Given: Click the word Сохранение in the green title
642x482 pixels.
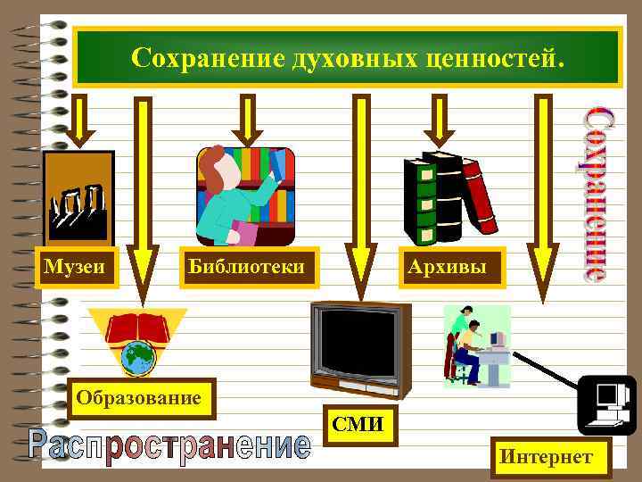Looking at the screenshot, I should (x=206, y=58).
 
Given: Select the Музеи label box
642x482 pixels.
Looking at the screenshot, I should (x=76, y=266).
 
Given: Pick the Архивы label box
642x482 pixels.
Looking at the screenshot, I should (x=450, y=266).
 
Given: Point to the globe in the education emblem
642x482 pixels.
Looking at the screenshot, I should (x=138, y=358).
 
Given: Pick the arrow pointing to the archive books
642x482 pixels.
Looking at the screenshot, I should (x=439, y=121).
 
